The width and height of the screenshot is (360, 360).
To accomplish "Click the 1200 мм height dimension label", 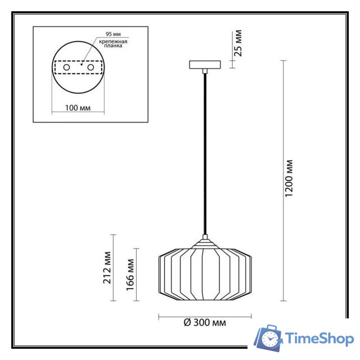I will (x=290, y=178).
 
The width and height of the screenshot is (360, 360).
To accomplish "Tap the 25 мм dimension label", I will (x=238, y=44).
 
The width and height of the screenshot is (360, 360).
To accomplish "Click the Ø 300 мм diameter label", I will (x=205, y=323).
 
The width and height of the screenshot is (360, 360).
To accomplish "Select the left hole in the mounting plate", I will (x=67, y=67).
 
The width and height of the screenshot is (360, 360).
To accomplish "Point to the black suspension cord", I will (x=205, y=152).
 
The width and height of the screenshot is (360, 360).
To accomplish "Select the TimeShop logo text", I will (x=318, y=339).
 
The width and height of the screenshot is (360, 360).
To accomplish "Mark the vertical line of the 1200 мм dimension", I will (x=282, y=180).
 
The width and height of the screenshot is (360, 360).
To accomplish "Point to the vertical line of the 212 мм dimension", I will (x=114, y=268).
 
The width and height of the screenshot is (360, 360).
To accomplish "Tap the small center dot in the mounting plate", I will (x=82, y=65).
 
